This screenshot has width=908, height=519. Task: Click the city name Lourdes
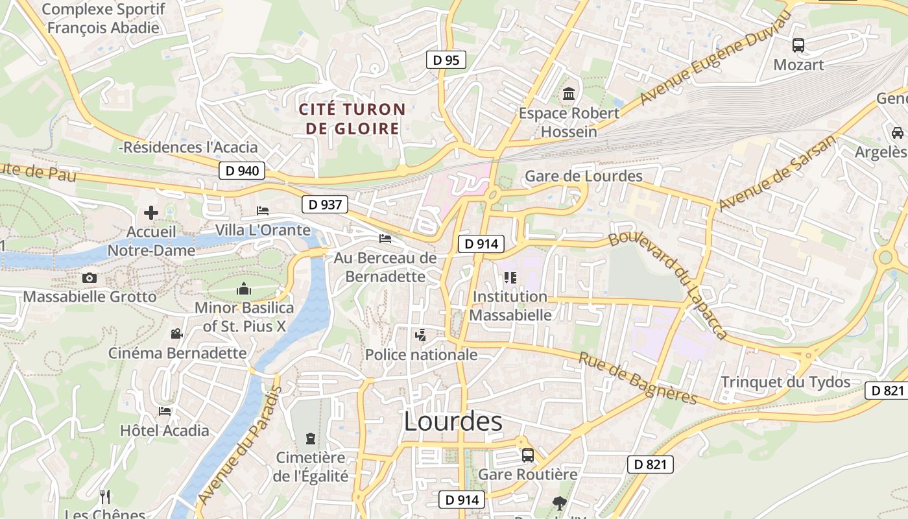(453, 422)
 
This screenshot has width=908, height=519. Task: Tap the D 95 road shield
(446, 60)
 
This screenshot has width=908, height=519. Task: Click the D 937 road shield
(325, 205)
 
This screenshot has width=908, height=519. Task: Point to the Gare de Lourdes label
(583, 176)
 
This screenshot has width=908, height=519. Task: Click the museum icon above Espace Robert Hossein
(569, 94)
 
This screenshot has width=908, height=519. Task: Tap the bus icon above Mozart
(798, 45)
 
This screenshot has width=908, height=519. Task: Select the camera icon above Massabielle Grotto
(90, 278)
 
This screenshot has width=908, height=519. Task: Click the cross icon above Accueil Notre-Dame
(150, 213)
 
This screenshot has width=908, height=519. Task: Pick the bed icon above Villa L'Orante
(263, 211)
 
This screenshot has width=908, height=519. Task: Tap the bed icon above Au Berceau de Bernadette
(385, 239)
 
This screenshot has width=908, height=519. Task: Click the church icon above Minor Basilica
(244, 289)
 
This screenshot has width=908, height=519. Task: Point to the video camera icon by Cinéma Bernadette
(176, 334)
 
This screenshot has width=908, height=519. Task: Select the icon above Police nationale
(421, 335)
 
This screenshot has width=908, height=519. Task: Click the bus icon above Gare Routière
(528, 455)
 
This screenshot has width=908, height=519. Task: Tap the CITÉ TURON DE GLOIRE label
(352, 119)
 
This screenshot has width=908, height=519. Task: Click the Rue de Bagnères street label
(638, 378)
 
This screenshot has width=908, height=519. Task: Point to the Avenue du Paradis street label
(240, 445)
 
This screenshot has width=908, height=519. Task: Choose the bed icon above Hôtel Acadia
(165, 411)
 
